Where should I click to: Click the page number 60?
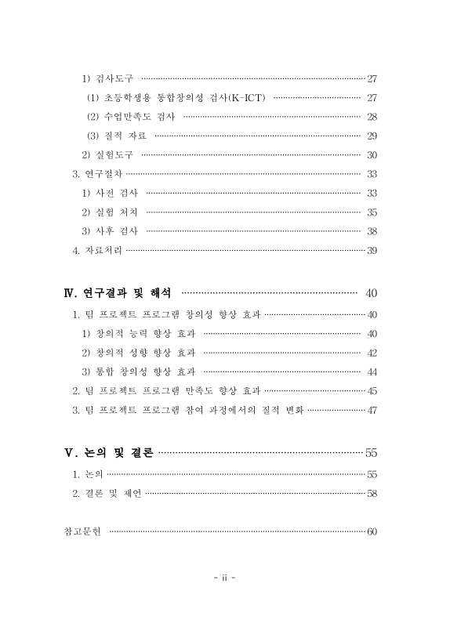(372, 532)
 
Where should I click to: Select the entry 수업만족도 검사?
(131, 116)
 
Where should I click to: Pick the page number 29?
(372, 136)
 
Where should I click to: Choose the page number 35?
(372, 212)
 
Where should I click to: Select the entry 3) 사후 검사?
(110, 231)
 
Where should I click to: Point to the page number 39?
(372, 250)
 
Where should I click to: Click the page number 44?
(372, 371)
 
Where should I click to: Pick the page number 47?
(372, 410)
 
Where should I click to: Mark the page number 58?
(372, 493)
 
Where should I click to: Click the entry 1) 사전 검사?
(110, 193)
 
